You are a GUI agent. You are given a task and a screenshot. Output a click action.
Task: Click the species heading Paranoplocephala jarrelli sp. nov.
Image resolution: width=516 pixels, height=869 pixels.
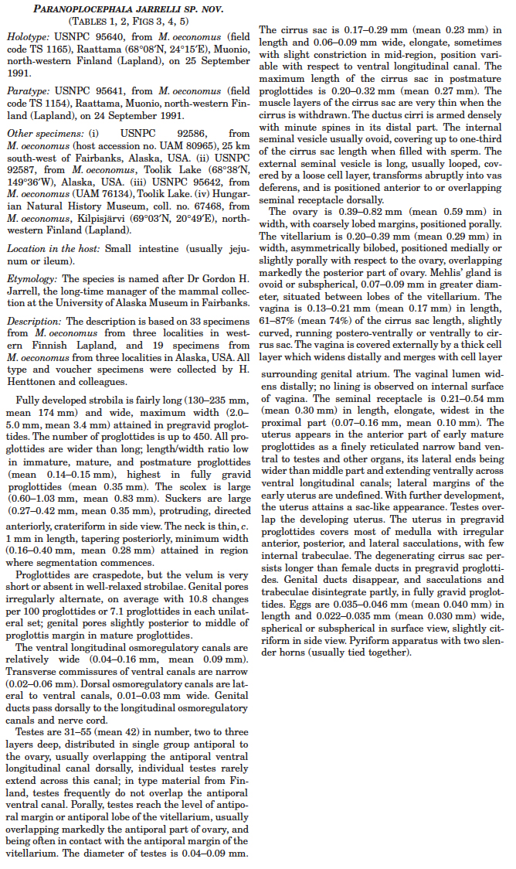(129, 9)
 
